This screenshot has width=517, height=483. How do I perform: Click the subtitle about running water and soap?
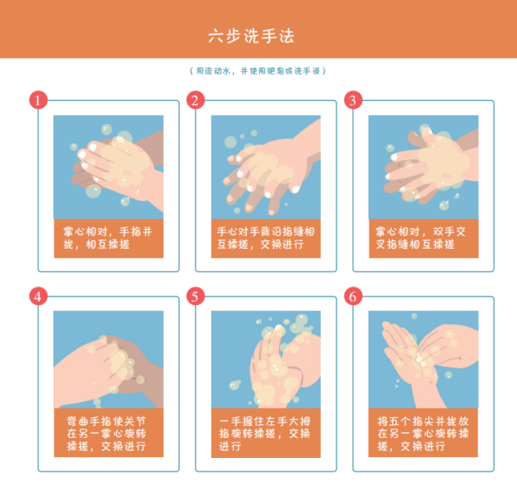tap(258, 71)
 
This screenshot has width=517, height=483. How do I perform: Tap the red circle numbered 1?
tap(38, 99)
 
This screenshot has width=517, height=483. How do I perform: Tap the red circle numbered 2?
tap(195, 99)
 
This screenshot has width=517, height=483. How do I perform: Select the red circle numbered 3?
tap(352, 99)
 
